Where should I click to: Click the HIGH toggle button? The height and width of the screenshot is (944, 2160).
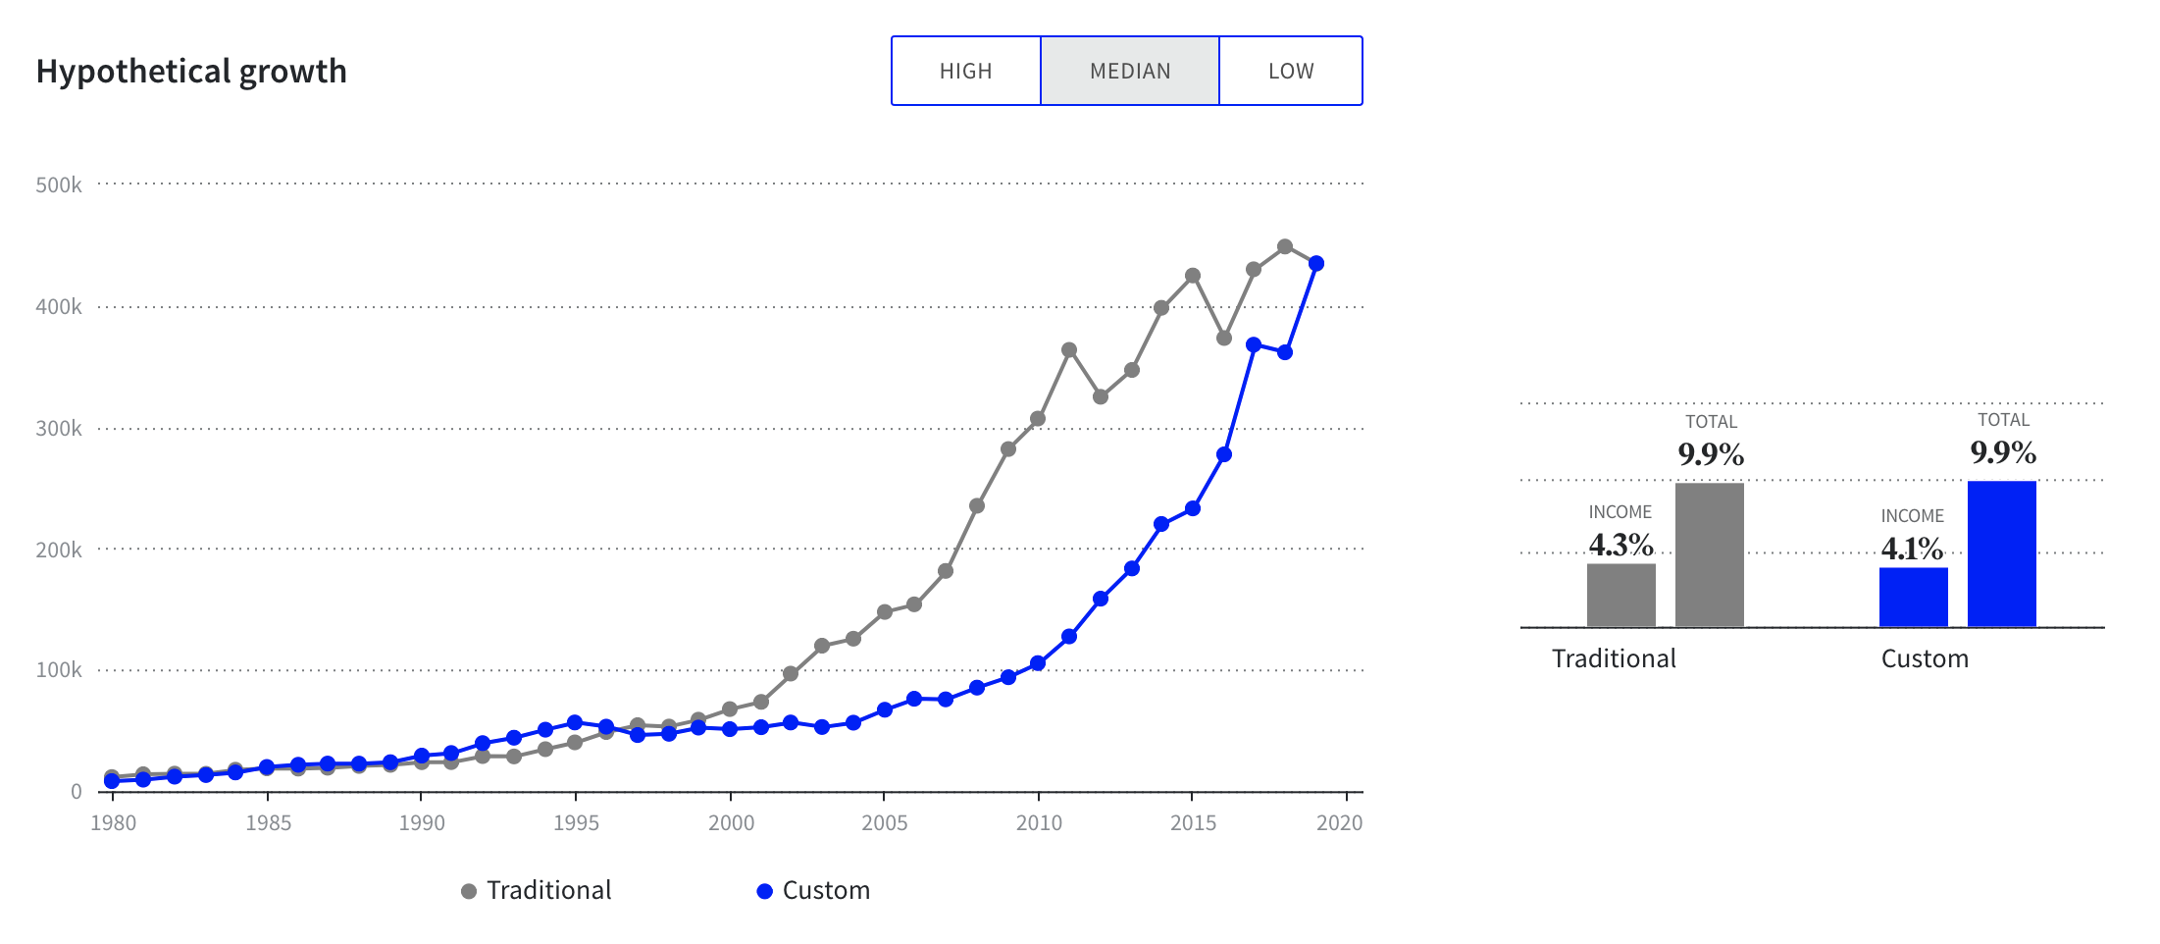[966, 72]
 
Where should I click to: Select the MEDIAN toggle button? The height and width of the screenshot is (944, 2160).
[1130, 72]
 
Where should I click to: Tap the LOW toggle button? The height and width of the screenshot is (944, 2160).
[1291, 72]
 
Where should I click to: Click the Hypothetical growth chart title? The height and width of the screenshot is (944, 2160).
[191, 72]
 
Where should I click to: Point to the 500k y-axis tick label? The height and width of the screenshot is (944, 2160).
[59, 184]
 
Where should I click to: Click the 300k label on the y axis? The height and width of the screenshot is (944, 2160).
[59, 428]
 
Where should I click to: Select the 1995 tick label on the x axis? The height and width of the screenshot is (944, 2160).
[576, 822]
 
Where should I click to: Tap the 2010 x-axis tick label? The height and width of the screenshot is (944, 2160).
[1039, 822]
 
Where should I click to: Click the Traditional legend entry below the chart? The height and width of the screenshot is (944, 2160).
[537, 890]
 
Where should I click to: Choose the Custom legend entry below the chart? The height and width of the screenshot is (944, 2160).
[814, 890]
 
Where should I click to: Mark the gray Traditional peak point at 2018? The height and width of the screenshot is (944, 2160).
[1285, 246]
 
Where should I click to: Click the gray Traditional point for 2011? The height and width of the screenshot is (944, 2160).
[1069, 350]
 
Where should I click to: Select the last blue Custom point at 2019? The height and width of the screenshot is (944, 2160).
[1316, 264]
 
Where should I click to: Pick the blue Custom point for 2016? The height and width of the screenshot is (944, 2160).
[1224, 455]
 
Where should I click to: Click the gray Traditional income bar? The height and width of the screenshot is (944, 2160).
[1620, 595]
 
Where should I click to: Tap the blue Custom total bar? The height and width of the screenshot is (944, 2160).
[2001, 553]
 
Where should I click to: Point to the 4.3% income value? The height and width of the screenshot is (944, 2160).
[1620, 545]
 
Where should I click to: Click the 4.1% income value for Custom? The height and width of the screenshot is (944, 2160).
[1912, 549]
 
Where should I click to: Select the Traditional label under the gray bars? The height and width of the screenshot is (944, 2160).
[1614, 658]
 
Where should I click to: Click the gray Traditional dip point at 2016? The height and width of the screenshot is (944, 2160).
[1224, 338]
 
